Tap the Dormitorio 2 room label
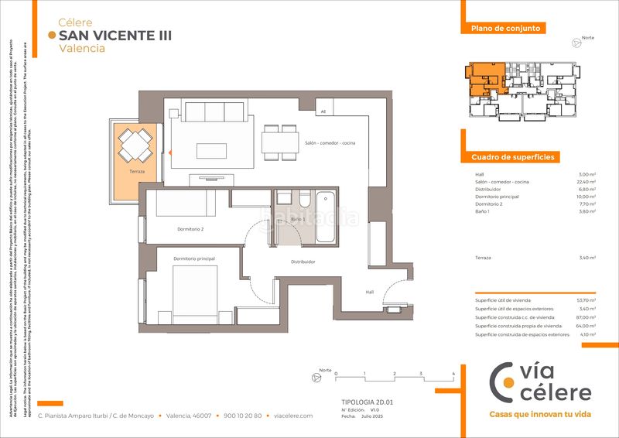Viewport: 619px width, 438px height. pyautogui.click(x=189, y=229)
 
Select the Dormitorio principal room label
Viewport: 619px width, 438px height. pyautogui.click(x=194, y=258)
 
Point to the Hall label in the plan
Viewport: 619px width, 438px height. pyautogui.click(x=371, y=292)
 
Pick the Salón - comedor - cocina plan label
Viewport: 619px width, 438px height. pyautogui.click(x=330, y=144)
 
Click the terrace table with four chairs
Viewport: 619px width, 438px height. pyautogui.click(x=135, y=144)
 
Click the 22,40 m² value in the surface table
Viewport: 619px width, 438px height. pyautogui.click(x=586, y=182)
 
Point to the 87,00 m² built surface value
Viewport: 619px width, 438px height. pyautogui.click(x=586, y=317)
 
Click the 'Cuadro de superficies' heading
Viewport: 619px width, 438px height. pyautogui.click(x=513, y=157)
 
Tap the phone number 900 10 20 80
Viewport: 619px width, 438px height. pyautogui.click(x=242, y=416)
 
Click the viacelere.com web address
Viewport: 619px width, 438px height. pyautogui.click(x=293, y=416)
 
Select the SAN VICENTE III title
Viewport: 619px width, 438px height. pyautogui.click(x=115, y=36)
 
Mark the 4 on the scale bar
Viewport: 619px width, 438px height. pyautogui.click(x=453, y=373)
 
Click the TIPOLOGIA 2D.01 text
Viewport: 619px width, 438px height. pyautogui.click(x=368, y=402)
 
